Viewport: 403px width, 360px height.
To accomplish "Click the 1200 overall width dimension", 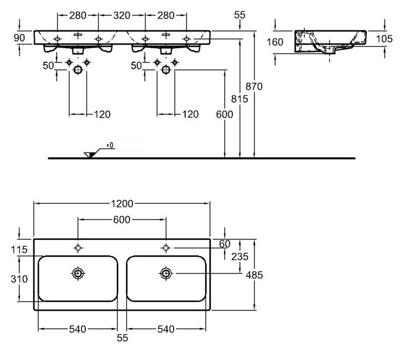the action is coord(122,203).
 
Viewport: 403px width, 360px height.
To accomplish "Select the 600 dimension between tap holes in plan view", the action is coord(122,220).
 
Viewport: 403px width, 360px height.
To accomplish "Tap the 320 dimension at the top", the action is coord(121,15).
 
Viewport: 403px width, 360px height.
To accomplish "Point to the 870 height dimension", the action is coord(254,86).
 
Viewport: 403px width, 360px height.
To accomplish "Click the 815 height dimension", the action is coord(240,99).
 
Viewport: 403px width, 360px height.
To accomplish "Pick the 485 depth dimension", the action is coord(254,275).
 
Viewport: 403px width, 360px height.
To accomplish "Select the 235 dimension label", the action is coord(240,257).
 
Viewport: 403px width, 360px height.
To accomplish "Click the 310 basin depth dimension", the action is coord(20,279).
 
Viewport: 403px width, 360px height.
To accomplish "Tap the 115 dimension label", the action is coord(19,250).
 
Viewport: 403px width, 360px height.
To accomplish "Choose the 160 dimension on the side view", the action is coord(275,42).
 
